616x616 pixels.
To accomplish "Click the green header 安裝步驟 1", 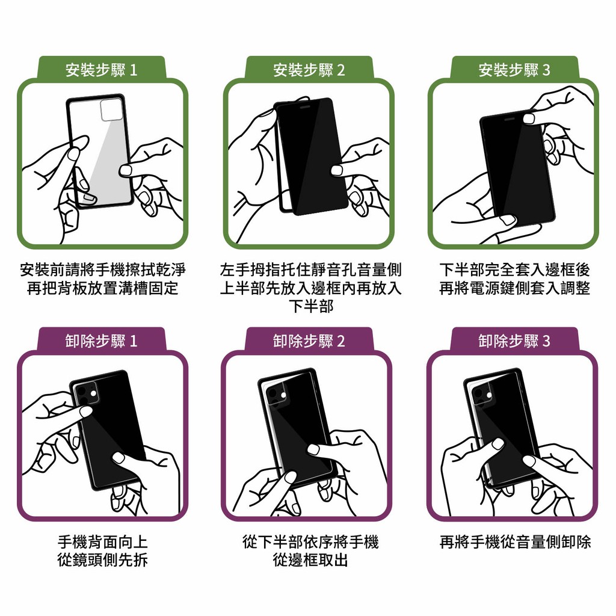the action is coord(102,70).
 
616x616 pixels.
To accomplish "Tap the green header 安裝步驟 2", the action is coord(309,70).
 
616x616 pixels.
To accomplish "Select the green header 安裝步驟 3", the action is coord(515,70).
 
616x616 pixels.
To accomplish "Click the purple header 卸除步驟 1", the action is coord(102,340).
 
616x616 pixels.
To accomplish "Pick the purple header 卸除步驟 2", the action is coord(309,340).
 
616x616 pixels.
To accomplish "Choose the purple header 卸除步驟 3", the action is coord(515,340).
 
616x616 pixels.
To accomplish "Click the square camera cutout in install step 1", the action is coord(111,110).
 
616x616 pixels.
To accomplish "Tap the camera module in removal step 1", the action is coord(87,393).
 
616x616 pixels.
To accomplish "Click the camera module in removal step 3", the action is coord(482,395).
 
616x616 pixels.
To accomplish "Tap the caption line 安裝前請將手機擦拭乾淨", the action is coord(103,270).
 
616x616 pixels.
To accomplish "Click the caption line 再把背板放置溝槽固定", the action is coord(103,288).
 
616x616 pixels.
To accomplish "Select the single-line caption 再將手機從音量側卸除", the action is coord(515,542).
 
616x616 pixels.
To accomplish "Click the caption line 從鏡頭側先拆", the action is coord(103,560).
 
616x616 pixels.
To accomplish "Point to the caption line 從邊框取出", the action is coord(310,560).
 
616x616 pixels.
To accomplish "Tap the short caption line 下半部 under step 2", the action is coord(311,306).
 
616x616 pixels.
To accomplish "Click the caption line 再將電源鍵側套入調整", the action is coord(515,288).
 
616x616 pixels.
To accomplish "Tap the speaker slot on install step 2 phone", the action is coord(306,106).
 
